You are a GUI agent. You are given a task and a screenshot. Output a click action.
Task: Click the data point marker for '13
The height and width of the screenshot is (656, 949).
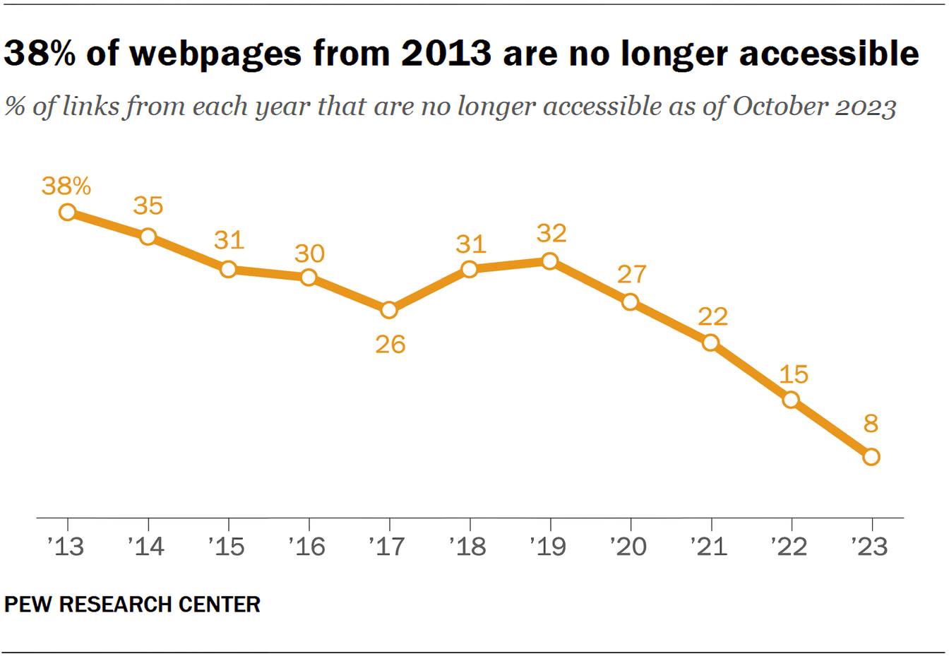tap(67, 212)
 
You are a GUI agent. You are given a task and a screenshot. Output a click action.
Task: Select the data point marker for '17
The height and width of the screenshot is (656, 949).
tap(388, 310)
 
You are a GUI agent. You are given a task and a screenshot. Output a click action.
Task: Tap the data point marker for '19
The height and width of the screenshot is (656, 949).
tap(549, 261)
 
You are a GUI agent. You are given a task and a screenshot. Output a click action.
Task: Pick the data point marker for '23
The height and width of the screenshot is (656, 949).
tap(871, 457)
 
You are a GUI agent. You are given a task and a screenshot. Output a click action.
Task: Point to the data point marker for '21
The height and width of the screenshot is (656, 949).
tap(710, 343)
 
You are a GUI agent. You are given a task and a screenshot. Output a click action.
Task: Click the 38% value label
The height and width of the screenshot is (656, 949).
tap(66, 186)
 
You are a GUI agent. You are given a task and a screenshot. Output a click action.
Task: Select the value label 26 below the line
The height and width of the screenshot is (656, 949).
tap(390, 345)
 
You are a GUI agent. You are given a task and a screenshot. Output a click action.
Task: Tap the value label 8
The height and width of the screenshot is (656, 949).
tap(871, 424)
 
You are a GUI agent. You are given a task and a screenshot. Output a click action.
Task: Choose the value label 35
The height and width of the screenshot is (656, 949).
tap(148, 206)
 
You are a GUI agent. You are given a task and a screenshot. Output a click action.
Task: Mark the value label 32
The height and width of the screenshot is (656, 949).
tap(551, 233)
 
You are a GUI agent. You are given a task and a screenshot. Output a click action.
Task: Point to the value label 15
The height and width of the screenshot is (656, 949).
tap(793, 374)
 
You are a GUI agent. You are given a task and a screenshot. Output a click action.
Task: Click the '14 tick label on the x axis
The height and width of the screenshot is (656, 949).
tap(146, 547)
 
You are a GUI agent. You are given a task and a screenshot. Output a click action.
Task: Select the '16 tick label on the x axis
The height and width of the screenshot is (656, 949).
tap(307, 547)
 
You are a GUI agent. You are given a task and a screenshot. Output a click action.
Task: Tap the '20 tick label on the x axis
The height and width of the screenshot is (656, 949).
tap(628, 547)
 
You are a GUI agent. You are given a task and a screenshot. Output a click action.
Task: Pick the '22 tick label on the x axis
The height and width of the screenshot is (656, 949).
tap(789, 547)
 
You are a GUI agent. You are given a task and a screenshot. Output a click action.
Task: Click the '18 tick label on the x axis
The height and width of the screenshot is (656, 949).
tap(467, 547)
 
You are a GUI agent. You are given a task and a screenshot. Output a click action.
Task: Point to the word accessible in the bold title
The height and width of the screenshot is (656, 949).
tap(829, 54)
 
